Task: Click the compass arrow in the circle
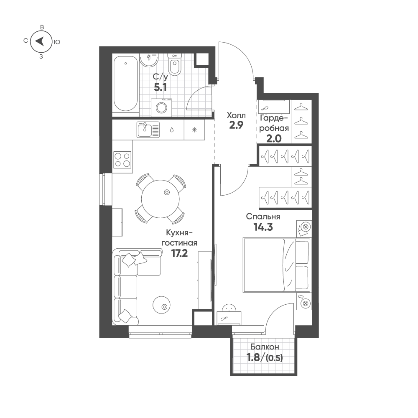pos(40,41)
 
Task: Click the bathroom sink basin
pos(148,61)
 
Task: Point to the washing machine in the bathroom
pos(161,107)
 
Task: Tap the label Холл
pos(236,115)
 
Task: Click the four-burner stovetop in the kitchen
pos(122,159)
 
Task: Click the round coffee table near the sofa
pos(161,305)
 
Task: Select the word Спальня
pos(263,217)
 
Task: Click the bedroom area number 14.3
pos(263,227)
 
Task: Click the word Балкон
pos(265,347)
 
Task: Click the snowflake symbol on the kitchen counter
pos(194,130)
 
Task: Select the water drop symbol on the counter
pos(172,130)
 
